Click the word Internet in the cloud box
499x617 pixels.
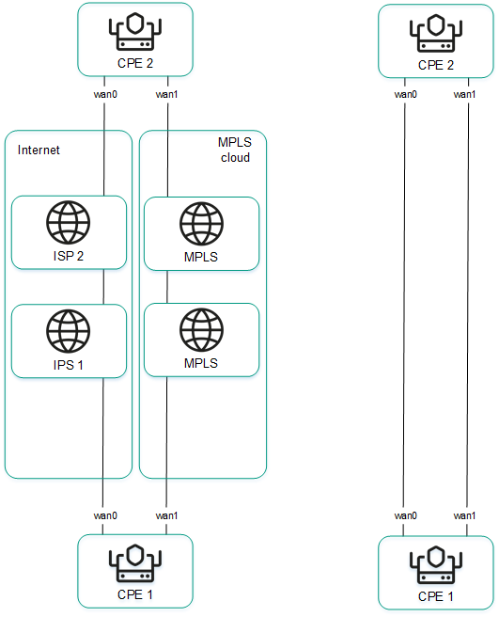click(39, 150)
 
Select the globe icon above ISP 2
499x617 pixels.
click(69, 225)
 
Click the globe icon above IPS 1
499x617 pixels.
click(69, 332)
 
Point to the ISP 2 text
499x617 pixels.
click(69, 255)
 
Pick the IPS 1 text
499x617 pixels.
click(69, 363)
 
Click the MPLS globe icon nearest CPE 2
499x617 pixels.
click(201, 225)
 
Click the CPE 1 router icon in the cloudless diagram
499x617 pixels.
click(435, 565)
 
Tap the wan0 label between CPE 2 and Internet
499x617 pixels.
click(104, 94)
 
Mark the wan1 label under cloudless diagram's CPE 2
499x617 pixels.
click(464, 94)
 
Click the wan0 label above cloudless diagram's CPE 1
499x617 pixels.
click(405, 515)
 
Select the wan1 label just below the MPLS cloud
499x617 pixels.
click(166, 515)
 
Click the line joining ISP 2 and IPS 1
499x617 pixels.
click(103, 286)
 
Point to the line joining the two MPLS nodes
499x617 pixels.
click(166, 287)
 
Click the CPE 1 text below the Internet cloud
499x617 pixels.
click(135, 594)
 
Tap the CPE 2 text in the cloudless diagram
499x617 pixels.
click(435, 65)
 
